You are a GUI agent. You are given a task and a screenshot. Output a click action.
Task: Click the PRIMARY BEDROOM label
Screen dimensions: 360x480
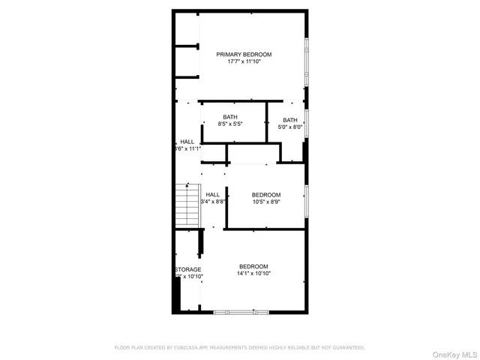(244, 54)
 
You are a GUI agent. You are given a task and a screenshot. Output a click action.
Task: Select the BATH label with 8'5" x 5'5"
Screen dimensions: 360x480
(229, 116)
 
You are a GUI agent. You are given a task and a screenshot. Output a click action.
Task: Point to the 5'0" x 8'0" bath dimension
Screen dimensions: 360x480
(289, 127)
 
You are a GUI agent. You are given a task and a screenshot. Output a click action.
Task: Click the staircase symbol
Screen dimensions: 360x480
(184, 206)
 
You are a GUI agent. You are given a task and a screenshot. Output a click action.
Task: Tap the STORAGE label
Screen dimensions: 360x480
(188, 269)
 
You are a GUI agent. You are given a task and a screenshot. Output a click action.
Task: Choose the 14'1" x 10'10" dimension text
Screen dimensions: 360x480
(253, 274)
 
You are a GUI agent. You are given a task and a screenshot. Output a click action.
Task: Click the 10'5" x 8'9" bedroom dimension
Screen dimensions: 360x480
(266, 202)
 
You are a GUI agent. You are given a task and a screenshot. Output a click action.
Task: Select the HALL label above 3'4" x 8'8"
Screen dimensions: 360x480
(213, 194)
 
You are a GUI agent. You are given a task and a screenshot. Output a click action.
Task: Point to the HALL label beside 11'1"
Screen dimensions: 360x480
(187, 142)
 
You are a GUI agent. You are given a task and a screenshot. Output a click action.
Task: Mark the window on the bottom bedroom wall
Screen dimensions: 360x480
(233, 311)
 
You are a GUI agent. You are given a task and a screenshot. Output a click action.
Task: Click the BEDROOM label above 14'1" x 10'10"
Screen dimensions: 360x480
(253, 266)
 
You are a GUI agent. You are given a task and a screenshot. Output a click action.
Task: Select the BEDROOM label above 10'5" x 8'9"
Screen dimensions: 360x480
(266, 194)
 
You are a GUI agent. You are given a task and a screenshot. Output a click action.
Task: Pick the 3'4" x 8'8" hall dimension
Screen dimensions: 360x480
(213, 202)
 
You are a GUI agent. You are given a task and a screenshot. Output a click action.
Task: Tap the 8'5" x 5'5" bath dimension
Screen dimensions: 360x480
(229, 124)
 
